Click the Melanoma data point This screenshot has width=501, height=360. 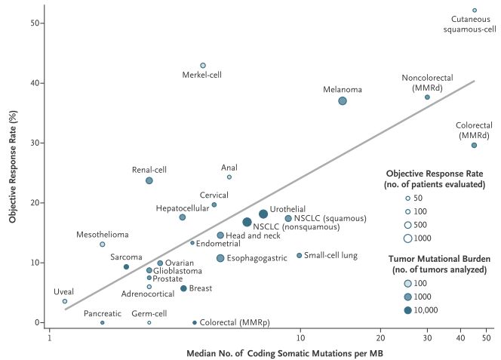point(343,101)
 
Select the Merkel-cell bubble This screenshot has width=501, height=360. point(203,66)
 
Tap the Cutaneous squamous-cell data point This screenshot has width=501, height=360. point(475,11)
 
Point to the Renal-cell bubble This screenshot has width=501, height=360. point(149,180)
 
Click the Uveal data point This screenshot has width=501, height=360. point(65,301)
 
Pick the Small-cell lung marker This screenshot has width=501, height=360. point(300,255)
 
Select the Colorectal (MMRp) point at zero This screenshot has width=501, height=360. point(195,322)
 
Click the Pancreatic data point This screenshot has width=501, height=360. point(103,322)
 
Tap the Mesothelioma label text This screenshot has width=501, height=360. point(102,235)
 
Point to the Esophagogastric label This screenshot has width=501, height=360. point(257,258)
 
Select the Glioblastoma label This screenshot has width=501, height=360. point(178,270)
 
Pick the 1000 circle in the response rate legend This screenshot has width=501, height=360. point(407,238)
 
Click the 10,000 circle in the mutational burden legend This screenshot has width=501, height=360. point(407,309)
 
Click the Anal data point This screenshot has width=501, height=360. point(229,177)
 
